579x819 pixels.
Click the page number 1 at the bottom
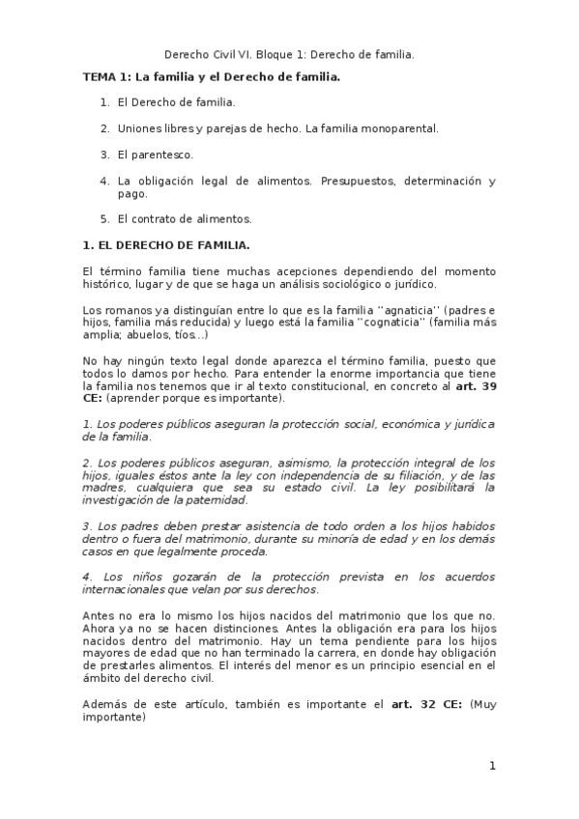pos(492,766)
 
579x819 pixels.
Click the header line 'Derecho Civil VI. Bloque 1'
pos(289,55)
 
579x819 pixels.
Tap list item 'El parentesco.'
pos(155,154)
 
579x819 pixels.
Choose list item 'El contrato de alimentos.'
pos(184,218)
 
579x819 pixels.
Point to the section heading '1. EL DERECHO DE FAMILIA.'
pos(166,245)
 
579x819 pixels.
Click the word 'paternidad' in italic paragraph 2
pos(215,500)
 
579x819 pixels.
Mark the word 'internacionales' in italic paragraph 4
pos(130,589)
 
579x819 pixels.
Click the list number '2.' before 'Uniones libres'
pos(104,127)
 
